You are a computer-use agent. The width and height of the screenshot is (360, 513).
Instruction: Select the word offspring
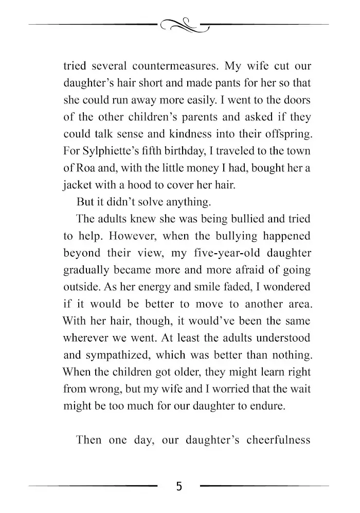[284, 133]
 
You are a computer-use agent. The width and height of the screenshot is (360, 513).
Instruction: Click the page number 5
[178, 486]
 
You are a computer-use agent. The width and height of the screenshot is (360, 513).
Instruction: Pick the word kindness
[175, 133]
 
